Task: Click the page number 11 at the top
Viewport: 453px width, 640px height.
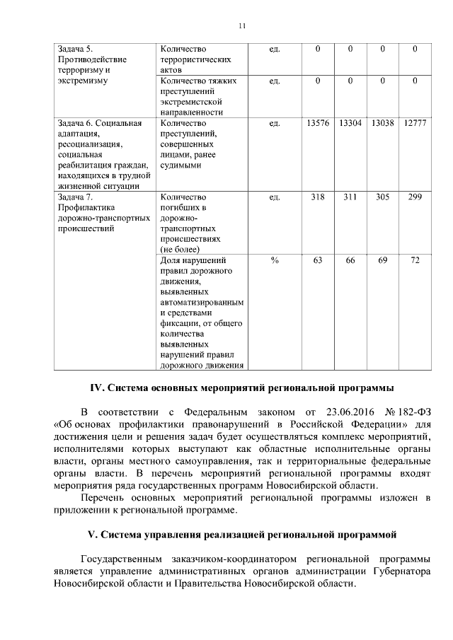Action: (241, 26)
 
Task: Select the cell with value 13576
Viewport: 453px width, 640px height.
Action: (318, 123)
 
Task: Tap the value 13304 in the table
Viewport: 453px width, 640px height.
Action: (350, 123)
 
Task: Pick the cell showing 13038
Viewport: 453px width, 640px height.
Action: (382, 123)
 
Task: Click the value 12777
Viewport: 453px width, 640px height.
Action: (415, 123)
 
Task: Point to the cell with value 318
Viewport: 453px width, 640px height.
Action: (318, 197)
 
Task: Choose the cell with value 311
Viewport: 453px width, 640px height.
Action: (350, 197)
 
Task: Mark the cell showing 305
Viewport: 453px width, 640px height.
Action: (382, 197)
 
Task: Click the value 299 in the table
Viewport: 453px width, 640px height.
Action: (415, 197)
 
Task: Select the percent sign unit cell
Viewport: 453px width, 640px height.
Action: (275, 261)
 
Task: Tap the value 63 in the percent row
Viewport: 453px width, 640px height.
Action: (318, 261)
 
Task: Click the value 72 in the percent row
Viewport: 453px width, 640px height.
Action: (415, 261)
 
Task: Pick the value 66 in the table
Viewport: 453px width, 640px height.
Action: (350, 261)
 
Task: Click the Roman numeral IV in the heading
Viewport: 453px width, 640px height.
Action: (96, 388)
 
